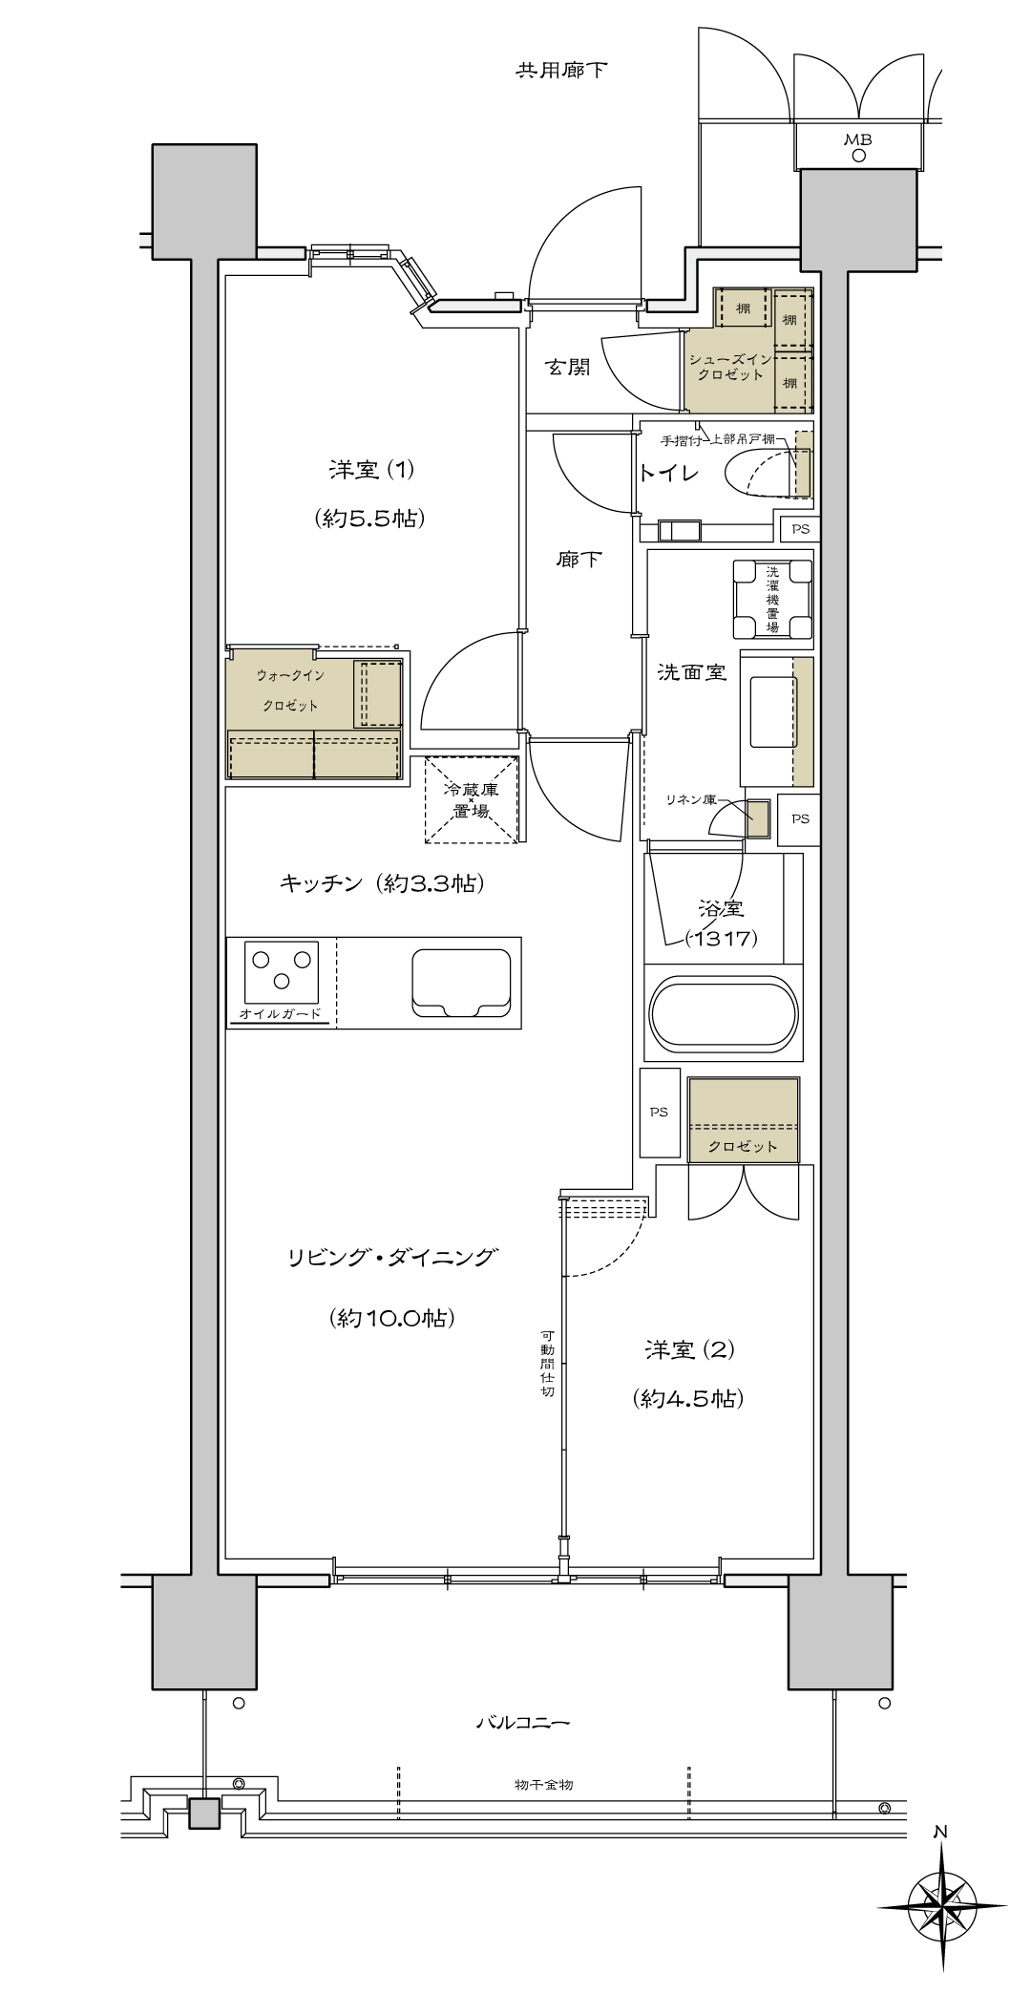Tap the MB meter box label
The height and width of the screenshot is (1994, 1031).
(858, 139)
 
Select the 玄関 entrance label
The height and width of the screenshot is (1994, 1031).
(568, 367)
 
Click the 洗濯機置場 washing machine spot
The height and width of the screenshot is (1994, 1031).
(772, 599)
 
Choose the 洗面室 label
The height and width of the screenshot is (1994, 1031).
(692, 672)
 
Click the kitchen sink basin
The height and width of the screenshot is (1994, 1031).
(460, 983)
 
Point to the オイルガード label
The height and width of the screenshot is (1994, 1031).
(281, 1013)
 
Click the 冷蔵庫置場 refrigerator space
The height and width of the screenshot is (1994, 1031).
(471, 800)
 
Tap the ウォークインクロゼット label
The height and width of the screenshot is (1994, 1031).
(290, 690)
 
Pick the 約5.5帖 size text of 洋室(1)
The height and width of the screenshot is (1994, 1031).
(368, 519)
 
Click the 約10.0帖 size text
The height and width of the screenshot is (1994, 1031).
(391, 1319)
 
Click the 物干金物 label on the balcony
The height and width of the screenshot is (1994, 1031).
(542, 1785)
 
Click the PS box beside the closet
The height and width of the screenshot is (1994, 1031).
(660, 1112)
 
